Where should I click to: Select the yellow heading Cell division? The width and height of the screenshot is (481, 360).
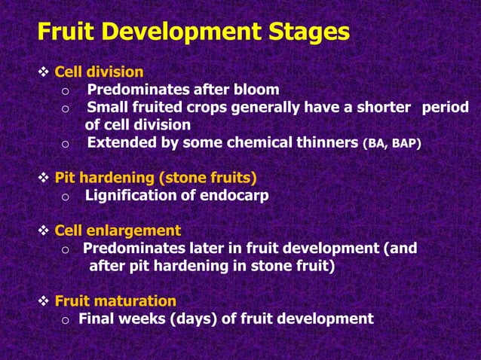click(99, 72)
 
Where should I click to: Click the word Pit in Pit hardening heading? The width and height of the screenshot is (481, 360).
click(66, 178)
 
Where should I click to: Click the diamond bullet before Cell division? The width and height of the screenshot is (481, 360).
click(44, 73)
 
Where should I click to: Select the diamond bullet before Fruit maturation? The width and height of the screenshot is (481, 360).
click(44, 301)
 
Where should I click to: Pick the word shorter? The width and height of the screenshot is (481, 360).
click(382, 107)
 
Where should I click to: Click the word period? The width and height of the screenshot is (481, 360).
click(445, 107)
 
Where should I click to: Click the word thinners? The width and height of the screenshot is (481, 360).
click(326, 142)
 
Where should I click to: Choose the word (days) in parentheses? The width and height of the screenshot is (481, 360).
click(193, 319)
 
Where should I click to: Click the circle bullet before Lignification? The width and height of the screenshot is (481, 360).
click(66, 197)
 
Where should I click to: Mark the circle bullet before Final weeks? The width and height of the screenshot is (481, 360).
click(66, 320)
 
